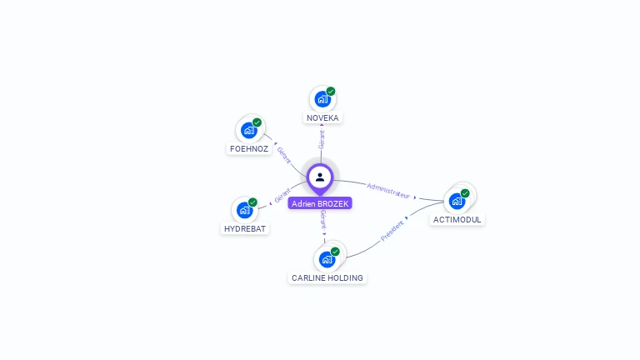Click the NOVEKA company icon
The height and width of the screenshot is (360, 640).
tap(322, 99)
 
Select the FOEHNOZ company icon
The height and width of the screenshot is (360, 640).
tap(248, 130)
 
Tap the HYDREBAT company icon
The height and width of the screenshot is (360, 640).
tap(244, 209)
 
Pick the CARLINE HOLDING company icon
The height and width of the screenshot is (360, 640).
tap(326, 259)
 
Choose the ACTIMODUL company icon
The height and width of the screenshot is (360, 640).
tap(457, 201)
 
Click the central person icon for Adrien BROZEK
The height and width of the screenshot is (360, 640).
tap(320, 177)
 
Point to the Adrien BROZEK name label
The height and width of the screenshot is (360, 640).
tap(320, 203)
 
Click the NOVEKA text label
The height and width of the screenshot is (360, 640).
tap(322, 118)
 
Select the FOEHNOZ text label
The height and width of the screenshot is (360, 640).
tap(248, 149)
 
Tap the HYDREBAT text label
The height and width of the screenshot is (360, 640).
tap(246, 228)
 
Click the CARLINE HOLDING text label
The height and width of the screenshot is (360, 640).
tap(327, 277)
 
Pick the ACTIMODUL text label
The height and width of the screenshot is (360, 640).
tap(457, 220)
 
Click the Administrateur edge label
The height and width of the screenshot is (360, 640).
tap(388, 190)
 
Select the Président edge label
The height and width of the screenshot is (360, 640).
tap(392, 231)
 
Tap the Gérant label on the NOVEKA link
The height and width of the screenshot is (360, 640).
tap(322, 139)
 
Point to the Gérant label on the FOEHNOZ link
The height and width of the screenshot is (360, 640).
tap(283, 155)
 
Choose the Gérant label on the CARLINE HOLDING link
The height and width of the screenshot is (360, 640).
tap(322, 220)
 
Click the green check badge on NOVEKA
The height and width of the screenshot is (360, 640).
tap(331, 92)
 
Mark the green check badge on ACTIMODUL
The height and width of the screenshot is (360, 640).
tap(465, 193)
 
